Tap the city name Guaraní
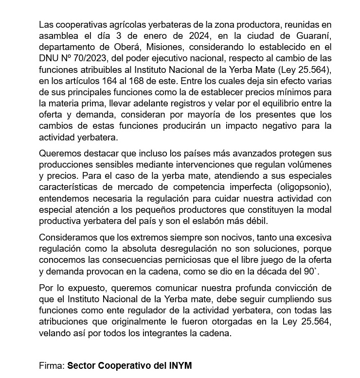point(312,36)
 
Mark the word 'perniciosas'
point(190,260)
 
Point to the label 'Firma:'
point(52,365)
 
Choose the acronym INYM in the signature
point(179,365)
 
